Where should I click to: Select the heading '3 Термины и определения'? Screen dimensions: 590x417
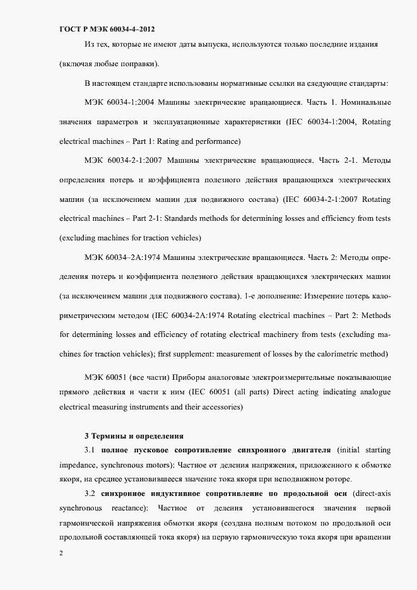pyautogui.click(x=134, y=435)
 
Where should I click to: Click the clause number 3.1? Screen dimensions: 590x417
pyautogui.click(x=90, y=450)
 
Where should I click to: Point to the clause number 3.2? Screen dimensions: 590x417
pyautogui.click(x=90, y=493)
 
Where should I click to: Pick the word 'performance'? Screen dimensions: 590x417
pyautogui.click(x=213, y=141)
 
